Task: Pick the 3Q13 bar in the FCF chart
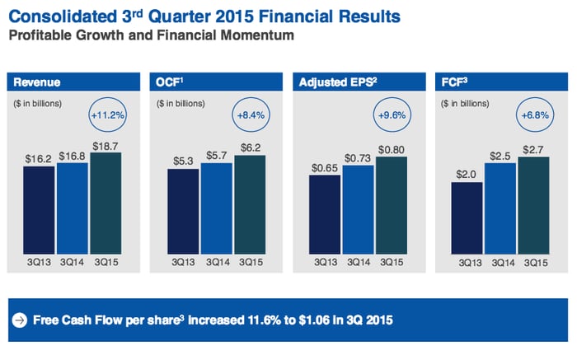point(467,217)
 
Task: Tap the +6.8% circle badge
point(536,115)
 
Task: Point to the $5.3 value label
point(182,161)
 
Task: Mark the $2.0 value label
point(467,174)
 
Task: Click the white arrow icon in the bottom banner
point(19,320)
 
